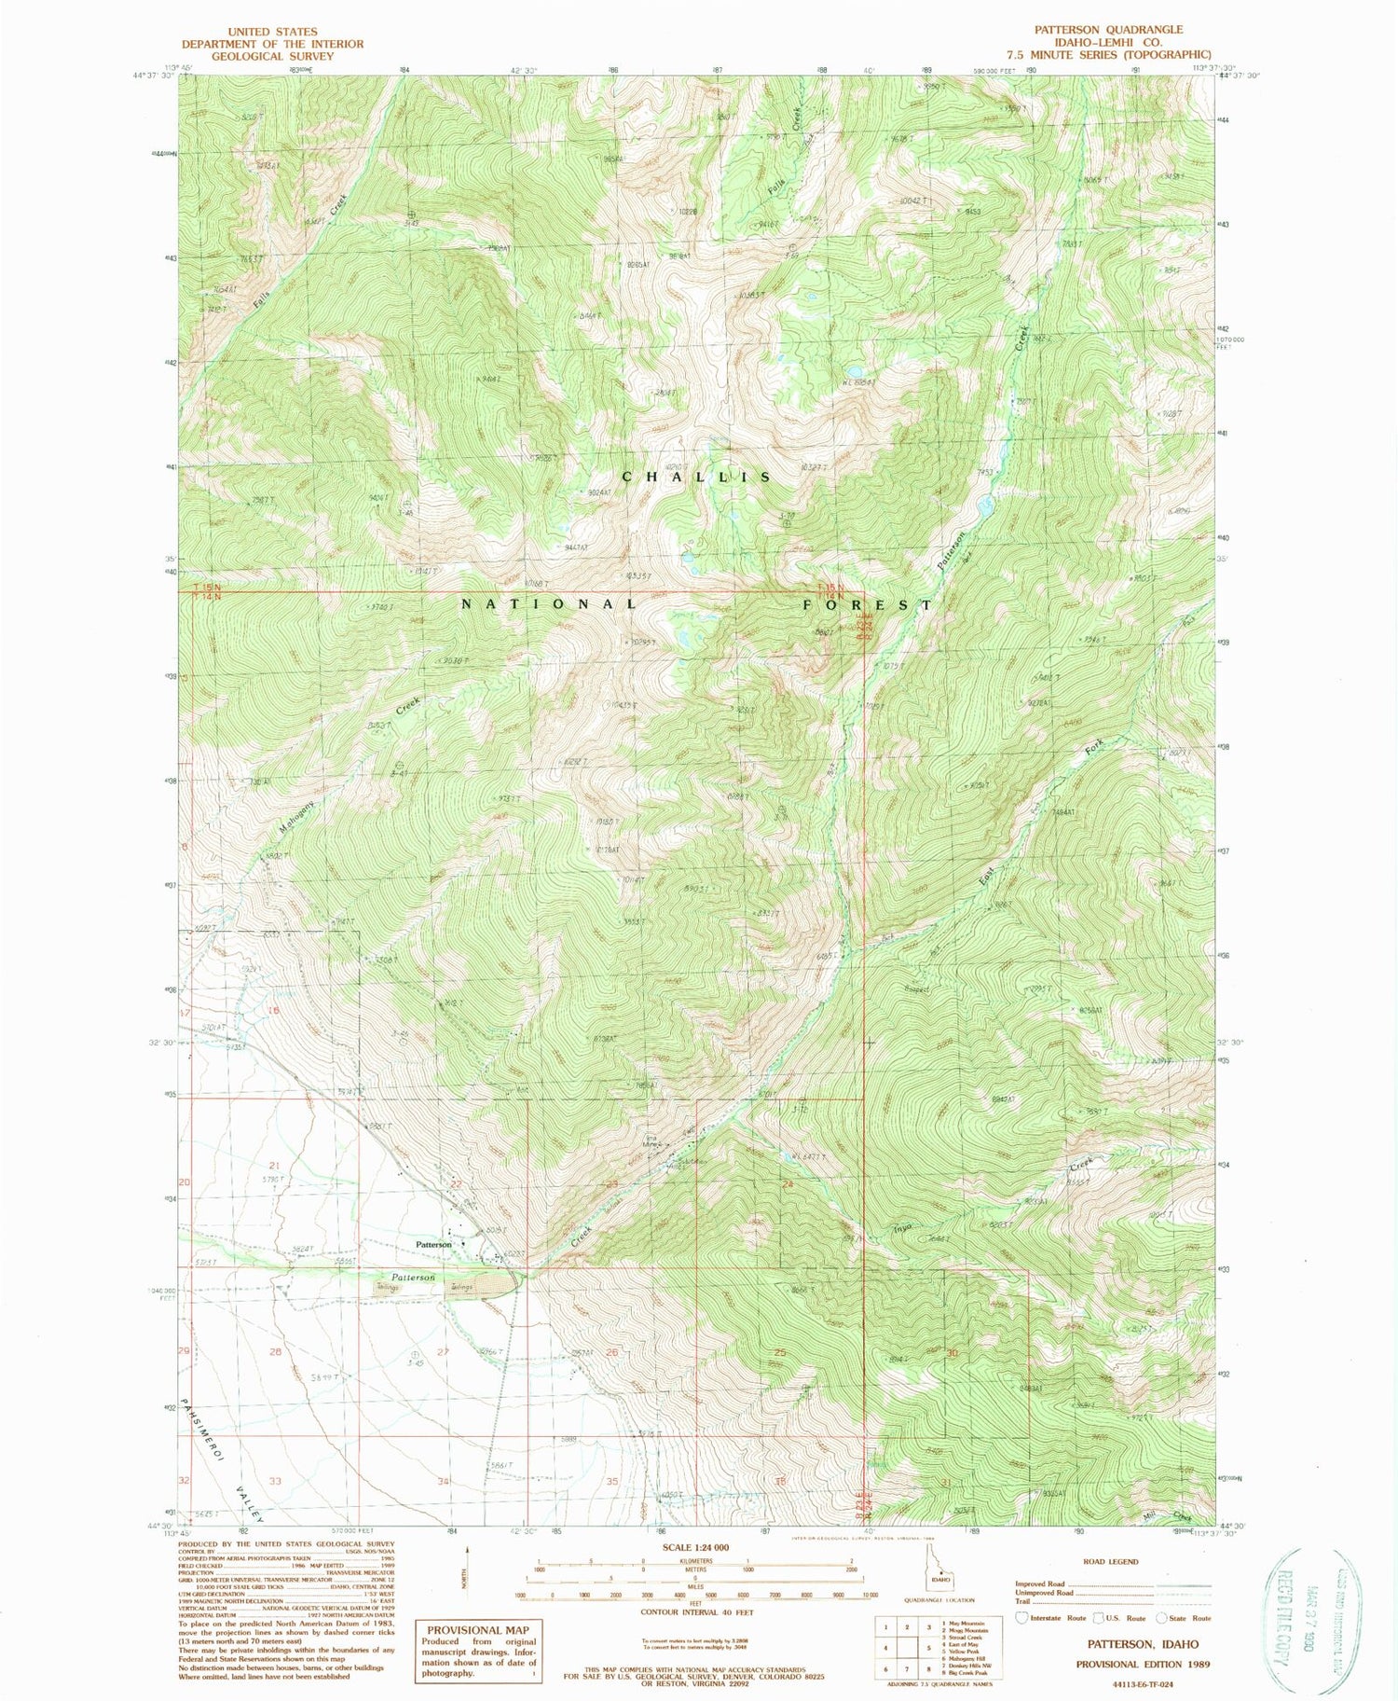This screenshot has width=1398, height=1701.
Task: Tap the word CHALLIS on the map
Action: point(696,477)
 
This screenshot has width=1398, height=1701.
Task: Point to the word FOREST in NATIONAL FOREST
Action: point(867,604)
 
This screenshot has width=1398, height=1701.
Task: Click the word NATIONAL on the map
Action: point(550,604)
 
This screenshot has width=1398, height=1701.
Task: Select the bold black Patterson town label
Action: point(433,1245)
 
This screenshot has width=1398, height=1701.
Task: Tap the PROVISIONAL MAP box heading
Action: point(477,1629)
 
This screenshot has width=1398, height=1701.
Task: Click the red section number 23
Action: point(611,1183)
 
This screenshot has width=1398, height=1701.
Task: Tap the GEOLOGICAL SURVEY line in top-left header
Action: point(272,56)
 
